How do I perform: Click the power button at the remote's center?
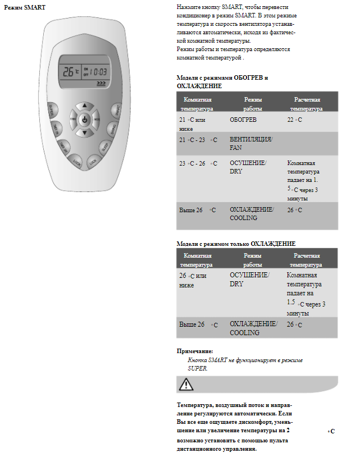click(x=84, y=120)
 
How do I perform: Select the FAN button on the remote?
click(x=72, y=120)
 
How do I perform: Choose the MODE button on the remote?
click(x=97, y=120)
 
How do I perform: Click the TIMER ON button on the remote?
click(x=57, y=129)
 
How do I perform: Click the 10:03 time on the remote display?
click(x=99, y=72)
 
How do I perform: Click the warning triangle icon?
click(x=186, y=385)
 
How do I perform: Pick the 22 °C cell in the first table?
click(x=294, y=121)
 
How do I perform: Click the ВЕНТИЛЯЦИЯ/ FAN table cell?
click(x=250, y=143)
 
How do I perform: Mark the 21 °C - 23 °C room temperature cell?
click(x=198, y=139)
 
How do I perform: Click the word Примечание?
click(x=195, y=351)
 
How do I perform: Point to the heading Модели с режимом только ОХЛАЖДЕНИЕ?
click(x=236, y=244)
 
